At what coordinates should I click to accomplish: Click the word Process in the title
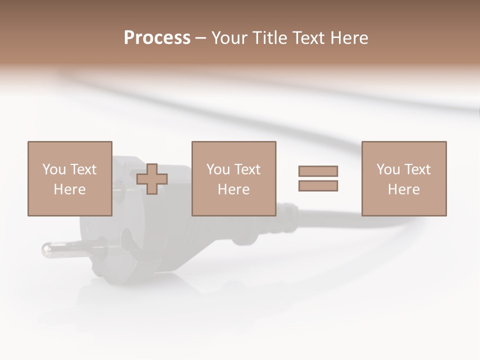(157, 38)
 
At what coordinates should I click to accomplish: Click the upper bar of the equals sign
(318, 171)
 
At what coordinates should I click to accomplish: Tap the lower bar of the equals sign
(318, 186)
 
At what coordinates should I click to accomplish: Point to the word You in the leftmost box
(54, 169)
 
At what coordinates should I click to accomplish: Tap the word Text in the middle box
(247, 169)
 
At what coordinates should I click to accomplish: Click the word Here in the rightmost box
(403, 189)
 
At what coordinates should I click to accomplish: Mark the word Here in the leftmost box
(69, 189)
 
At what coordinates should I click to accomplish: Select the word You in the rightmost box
(388, 169)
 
